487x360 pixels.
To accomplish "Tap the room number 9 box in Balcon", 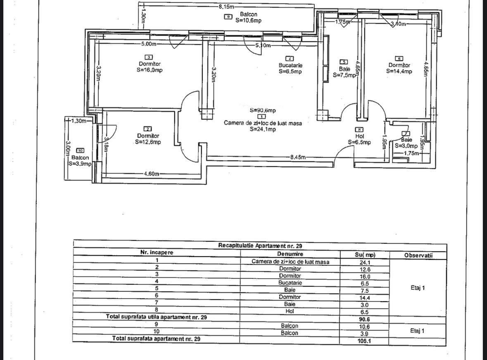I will (228, 17).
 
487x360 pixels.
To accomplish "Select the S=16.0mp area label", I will (150, 70).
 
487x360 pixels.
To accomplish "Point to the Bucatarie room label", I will (290, 65).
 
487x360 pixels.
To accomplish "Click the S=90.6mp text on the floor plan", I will (263, 110).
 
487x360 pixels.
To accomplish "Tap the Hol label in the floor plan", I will (359, 136).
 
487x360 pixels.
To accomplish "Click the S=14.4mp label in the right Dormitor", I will (399, 71).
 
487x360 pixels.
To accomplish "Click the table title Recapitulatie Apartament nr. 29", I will (260, 245).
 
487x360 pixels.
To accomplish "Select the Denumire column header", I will (290, 254).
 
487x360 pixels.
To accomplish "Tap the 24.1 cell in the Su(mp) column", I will (364, 262).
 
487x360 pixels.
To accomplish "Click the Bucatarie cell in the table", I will (290, 283).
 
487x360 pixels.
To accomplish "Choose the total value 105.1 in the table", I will (364, 341).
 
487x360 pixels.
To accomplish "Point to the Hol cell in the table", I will (290, 311).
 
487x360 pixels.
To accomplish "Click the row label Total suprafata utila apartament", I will (157, 317).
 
